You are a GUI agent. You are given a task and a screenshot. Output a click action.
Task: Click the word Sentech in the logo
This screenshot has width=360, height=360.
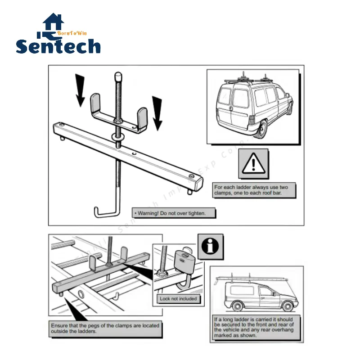click(x=58, y=46)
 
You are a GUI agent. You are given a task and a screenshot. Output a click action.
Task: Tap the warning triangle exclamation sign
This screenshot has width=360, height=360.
click(x=254, y=164)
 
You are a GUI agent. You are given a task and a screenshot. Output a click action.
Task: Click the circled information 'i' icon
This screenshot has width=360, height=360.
click(x=210, y=247)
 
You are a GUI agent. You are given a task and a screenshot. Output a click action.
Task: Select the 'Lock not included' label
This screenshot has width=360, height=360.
click(x=179, y=298)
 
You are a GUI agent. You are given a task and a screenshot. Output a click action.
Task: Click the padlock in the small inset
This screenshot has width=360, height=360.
click(x=185, y=263)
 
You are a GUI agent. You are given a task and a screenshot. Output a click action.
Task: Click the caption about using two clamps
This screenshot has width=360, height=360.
click(x=254, y=190)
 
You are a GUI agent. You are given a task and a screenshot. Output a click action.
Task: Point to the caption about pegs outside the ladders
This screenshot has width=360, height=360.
click(x=105, y=328)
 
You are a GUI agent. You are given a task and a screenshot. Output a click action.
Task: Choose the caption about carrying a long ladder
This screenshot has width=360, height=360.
click(x=254, y=327)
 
